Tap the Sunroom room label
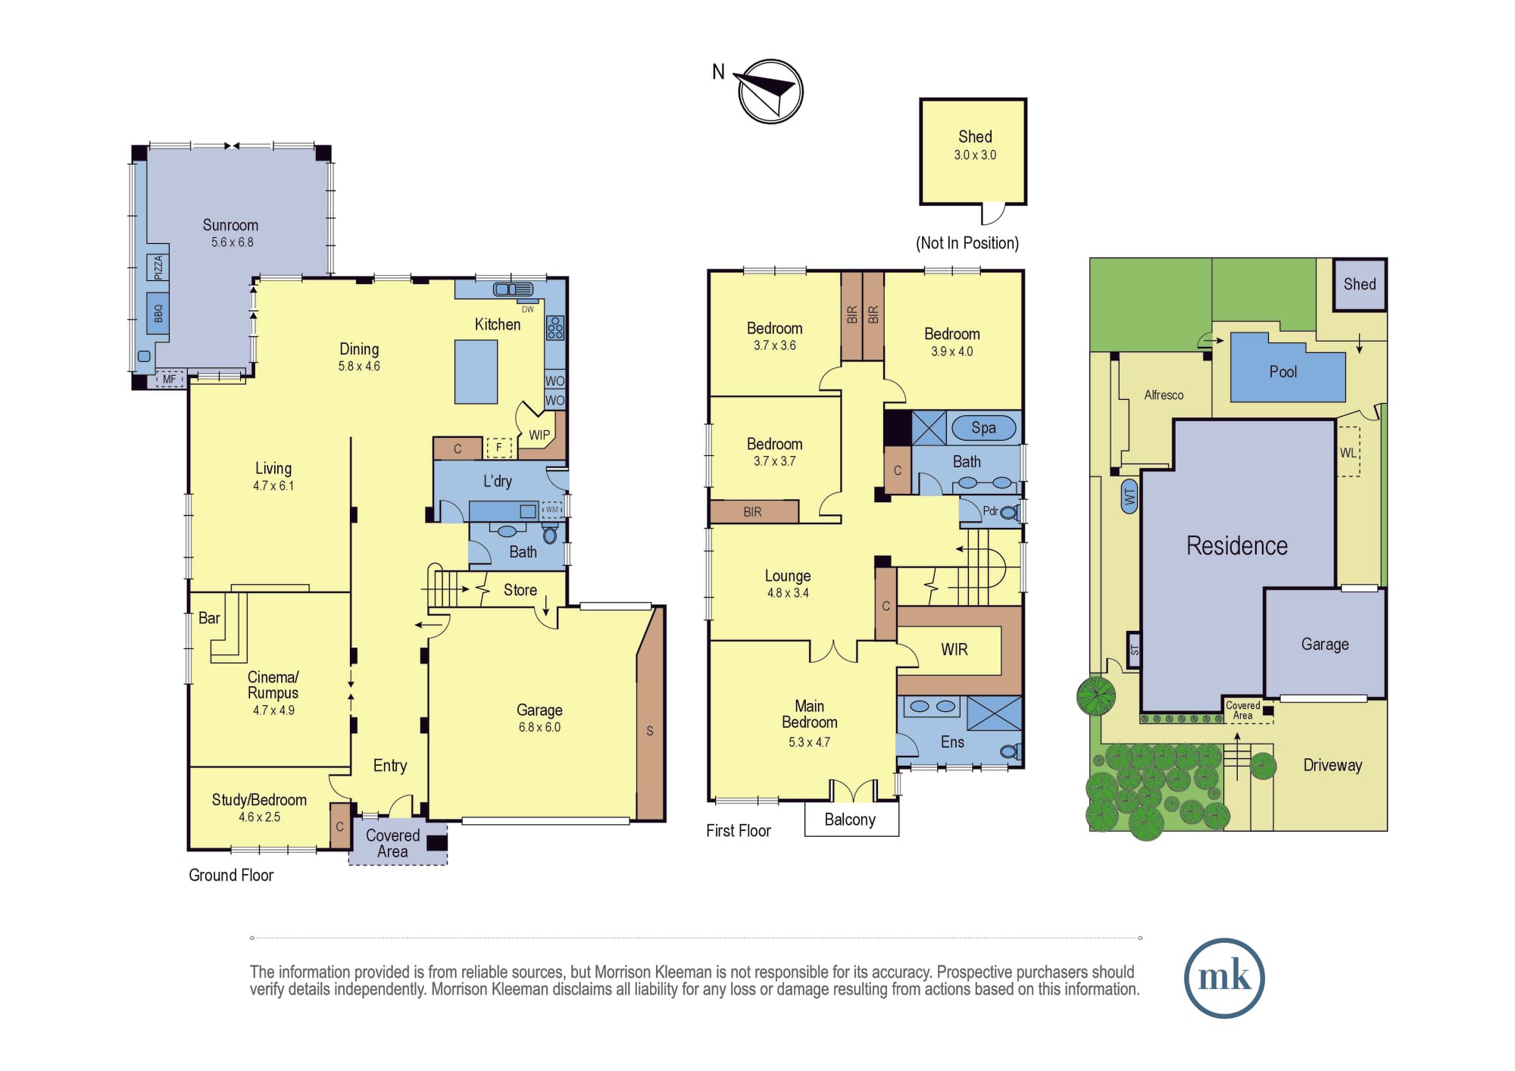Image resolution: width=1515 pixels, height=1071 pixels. tap(230, 225)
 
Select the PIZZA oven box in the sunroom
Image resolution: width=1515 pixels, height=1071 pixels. tap(158, 267)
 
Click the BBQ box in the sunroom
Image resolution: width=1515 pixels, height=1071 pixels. tap(158, 313)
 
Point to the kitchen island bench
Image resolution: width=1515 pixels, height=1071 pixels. tap(476, 371)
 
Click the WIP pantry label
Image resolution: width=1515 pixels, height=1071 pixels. tap(539, 436)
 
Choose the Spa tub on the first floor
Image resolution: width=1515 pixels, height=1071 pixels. tap(983, 428)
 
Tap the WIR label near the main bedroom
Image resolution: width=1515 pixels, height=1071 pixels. tap(954, 649)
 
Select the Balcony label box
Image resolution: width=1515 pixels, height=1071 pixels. tap(851, 819)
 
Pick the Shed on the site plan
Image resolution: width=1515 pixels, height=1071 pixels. tap(1360, 284)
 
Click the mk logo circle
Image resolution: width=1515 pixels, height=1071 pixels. tap(1224, 978)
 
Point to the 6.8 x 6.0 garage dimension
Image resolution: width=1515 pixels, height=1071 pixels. tap(539, 727)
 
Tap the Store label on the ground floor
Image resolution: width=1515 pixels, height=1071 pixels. tap(520, 590)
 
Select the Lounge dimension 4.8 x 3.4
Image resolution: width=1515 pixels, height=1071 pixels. tap(788, 593)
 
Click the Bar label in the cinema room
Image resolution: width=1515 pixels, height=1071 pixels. tap(209, 618)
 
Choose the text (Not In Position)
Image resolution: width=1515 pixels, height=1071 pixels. tap(967, 243)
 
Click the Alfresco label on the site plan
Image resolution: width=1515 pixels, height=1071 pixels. tap(1164, 395)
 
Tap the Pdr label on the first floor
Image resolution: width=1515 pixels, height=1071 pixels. tap(990, 511)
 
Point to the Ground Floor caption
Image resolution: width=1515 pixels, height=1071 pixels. tap(231, 875)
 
